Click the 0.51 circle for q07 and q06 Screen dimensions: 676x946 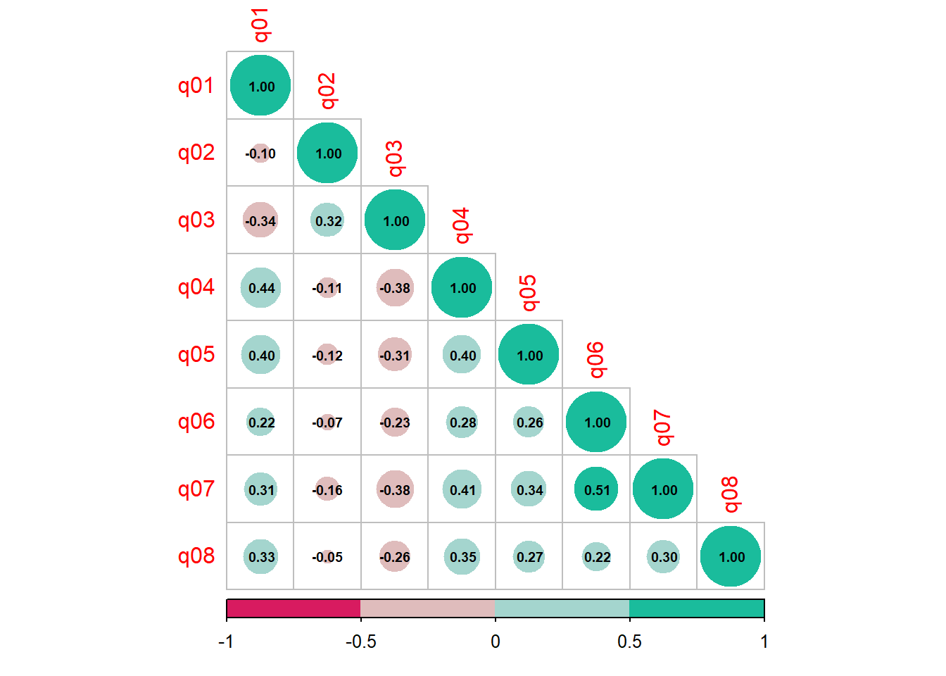(596, 489)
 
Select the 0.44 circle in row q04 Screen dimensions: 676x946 (260, 288)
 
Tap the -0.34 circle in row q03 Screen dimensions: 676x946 (260, 220)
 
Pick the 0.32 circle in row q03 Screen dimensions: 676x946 (327, 220)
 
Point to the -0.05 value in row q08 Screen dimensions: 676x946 (327, 557)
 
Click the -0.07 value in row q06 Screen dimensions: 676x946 (327, 423)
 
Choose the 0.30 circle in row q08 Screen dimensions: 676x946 (664, 557)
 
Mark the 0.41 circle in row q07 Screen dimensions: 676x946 (462, 489)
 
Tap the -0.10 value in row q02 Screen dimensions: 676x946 (260, 154)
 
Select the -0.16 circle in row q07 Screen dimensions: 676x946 (327, 489)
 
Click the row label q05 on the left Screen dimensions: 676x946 (196, 354)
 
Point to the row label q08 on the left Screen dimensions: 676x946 (196, 556)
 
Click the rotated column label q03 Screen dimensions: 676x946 (395, 158)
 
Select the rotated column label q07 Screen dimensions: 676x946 (663, 427)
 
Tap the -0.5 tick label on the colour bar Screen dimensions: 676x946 (360, 641)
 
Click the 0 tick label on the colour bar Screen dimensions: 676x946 (496, 641)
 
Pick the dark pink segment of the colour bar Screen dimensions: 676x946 (294, 608)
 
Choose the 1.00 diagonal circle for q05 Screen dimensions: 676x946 (529, 355)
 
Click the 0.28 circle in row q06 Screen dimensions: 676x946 (462, 423)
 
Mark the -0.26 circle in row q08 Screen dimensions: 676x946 (395, 557)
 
